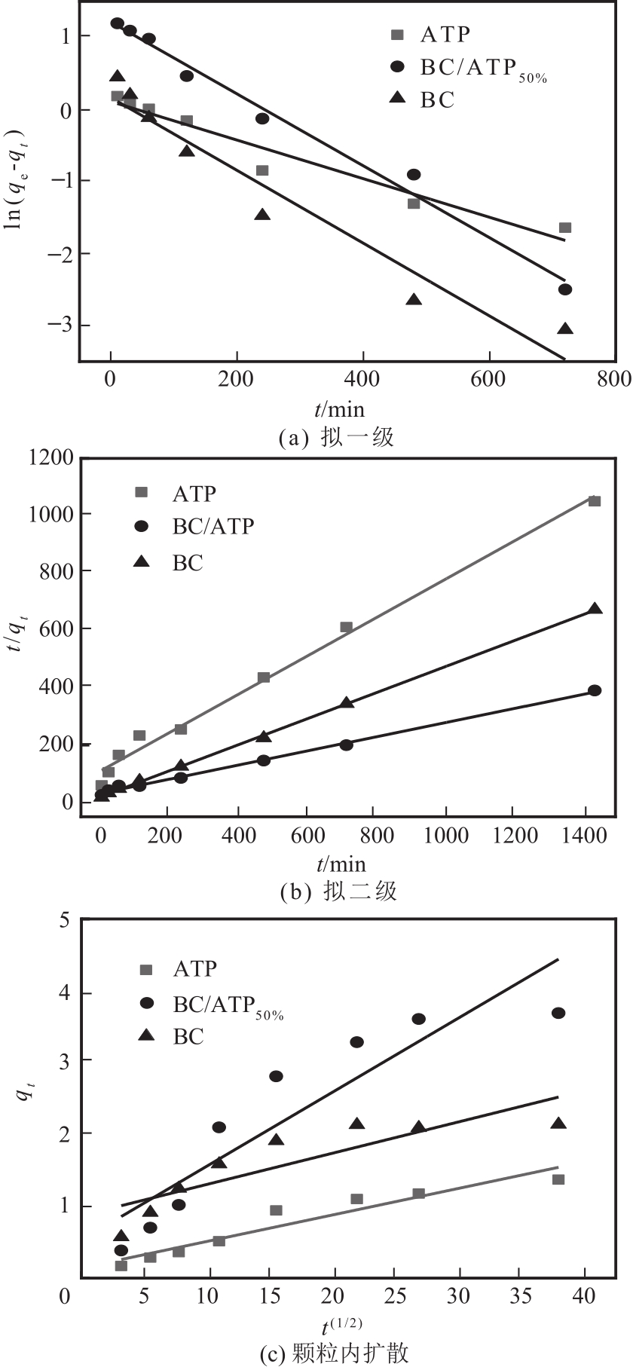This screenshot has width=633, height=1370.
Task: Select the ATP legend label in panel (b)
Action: tap(194, 493)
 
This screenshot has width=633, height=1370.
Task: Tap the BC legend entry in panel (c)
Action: tap(188, 1037)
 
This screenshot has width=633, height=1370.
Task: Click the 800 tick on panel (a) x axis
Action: tap(615, 379)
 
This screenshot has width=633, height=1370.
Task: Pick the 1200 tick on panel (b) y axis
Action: tap(51, 457)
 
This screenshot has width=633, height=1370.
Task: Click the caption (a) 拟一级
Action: tap(336, 437)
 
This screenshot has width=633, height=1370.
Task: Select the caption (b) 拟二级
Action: tap(338, 892)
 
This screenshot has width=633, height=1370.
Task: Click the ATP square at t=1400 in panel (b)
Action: tap(595, 501)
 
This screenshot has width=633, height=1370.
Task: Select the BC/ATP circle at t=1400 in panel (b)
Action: tap(595, 690)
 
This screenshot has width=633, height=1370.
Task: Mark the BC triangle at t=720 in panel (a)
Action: tap(565, 329)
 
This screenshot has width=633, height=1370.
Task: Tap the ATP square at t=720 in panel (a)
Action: tap(565, 228)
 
